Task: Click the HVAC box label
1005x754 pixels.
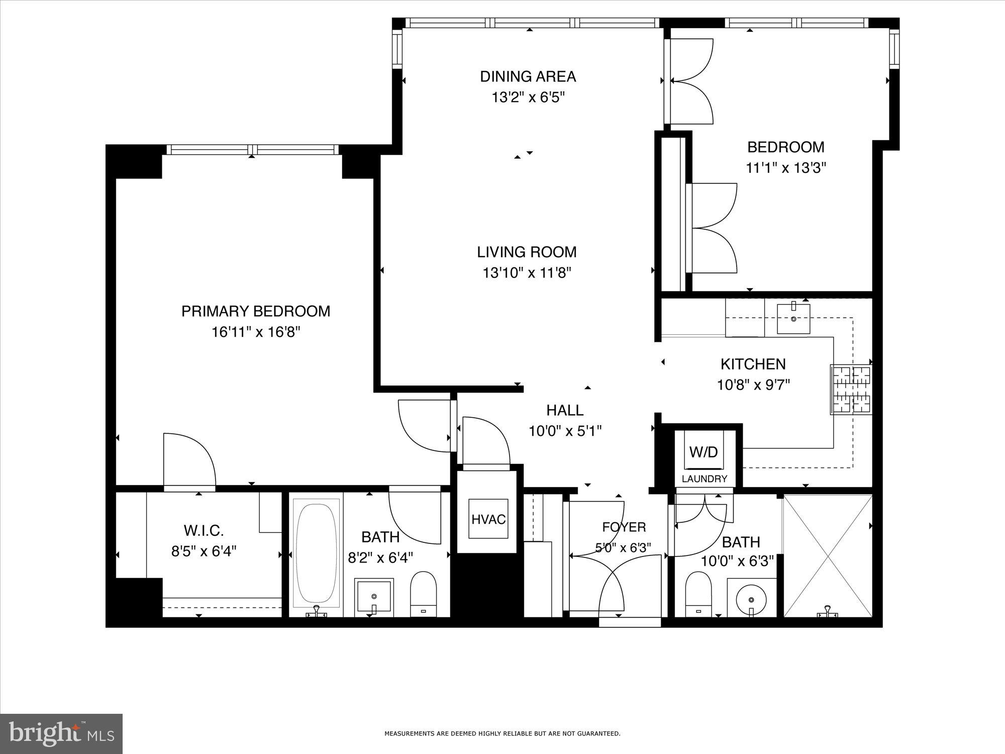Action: [488, 519]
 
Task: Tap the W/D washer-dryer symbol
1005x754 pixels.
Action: [703, 452]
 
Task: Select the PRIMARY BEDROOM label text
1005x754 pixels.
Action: [256, 311]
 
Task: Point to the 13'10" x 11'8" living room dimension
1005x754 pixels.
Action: [527, 273]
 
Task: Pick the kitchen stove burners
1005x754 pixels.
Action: [852, 390]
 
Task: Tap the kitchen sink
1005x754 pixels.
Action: [793, 319]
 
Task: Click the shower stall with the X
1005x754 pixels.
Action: [828, 555]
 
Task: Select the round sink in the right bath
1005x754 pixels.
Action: [751, 599]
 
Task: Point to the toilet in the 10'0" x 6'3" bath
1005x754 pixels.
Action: [699, 593]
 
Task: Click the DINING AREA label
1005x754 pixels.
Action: [528, 76]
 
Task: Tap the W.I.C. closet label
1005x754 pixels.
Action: [204, 530]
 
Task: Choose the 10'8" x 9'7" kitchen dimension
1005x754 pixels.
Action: [753, 385]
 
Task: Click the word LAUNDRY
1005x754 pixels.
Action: [704, 479]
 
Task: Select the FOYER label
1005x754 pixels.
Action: [624, 527]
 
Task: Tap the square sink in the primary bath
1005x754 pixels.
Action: [373, 596]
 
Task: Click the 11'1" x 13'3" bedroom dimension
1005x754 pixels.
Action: [786, 168]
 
